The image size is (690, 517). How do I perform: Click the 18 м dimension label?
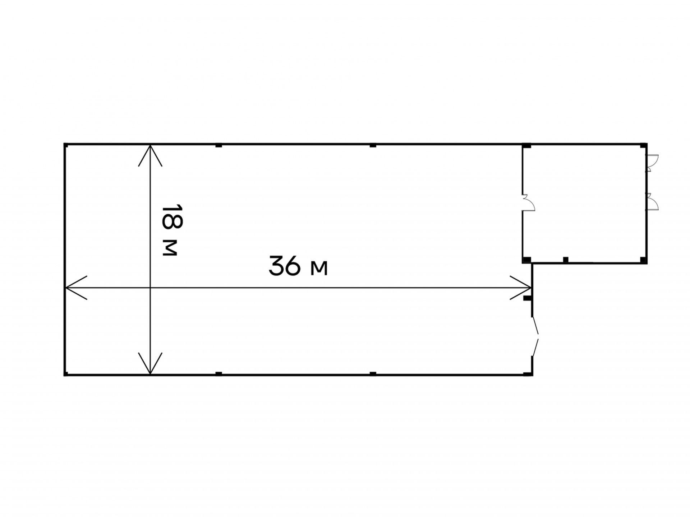pyautogui.click(x=172, y=230)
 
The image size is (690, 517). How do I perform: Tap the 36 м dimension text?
pyautogui.click(x=298, y=266)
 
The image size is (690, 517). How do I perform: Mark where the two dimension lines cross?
pyautogui.click(x=150, y=288)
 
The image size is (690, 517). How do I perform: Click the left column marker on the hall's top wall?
pyautogui.click(x=218, y=145)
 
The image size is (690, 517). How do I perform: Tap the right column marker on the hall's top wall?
pyautogui.click(x=373, y=145)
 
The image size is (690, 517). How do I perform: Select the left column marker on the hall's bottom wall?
pyautogui.click(x=218, y=374)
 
